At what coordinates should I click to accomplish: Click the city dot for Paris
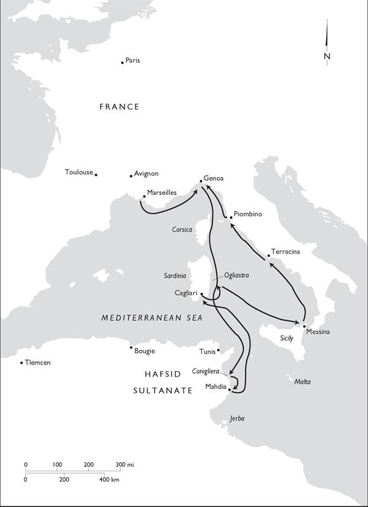pos(123,61)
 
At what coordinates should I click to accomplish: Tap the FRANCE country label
pos(120,107)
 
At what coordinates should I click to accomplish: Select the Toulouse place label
pos(79,172)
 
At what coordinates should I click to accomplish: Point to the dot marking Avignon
pos(131,176)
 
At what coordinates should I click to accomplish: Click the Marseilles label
pos(162,192)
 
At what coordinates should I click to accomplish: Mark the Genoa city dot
pos(201,181)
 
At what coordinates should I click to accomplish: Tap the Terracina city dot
pos(269,256)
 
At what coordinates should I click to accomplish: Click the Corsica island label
pos(182,230)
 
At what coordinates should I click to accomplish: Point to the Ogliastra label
pos(236,275)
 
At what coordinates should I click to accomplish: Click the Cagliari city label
pos(186,293)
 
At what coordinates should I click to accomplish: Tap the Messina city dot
pos(304,325)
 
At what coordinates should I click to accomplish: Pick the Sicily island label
pos(286,338)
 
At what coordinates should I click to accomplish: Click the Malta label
pos(302,382)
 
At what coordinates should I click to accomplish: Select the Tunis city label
pos(207,352)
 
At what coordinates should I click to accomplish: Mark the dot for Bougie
pos(131,348)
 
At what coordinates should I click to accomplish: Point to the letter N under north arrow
pos(327,57)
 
